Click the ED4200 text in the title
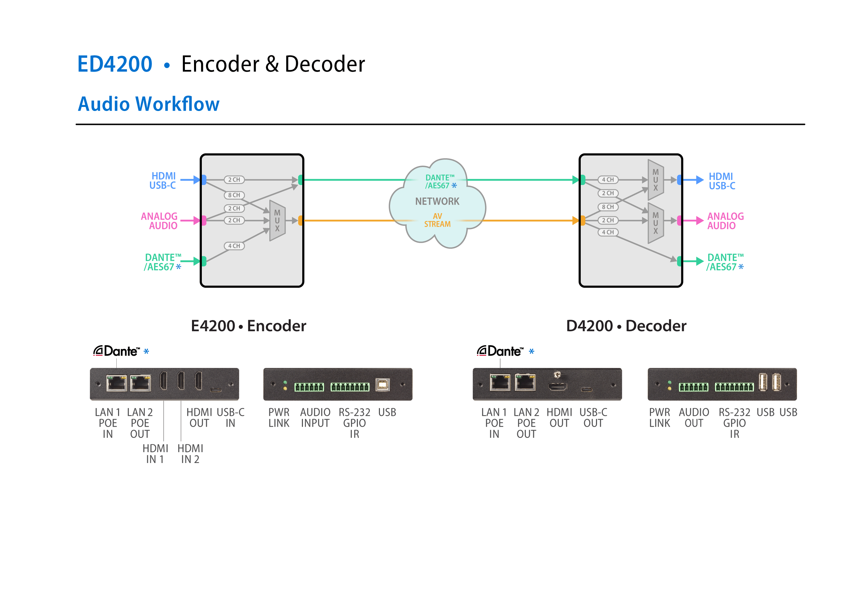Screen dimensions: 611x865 point(115,64)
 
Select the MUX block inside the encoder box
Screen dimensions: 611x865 point(277,221)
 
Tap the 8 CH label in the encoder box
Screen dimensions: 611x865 point(234,195)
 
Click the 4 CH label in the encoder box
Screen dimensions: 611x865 point(234,246)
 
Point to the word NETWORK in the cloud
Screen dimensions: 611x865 point(437,201)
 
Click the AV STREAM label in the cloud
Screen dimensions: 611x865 point(437,220)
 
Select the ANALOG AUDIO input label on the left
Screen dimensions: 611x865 point(159,221)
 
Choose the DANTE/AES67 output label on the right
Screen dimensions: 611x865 point(725,262)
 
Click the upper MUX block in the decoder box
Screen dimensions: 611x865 point(655,180)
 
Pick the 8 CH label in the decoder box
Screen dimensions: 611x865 point(608,207)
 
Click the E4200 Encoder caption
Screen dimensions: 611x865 point(248,326)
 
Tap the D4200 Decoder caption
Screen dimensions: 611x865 point(626,326)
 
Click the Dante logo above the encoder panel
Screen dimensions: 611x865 point(116,351)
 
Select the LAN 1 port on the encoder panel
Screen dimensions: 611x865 point(117,383)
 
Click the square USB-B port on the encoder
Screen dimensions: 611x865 point(382,385)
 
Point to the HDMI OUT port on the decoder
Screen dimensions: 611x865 point(557,387)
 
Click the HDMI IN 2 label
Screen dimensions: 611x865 point(190,453)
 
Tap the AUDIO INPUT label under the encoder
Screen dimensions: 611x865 point(315,418)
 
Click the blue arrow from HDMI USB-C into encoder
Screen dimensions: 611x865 point(190,180)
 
